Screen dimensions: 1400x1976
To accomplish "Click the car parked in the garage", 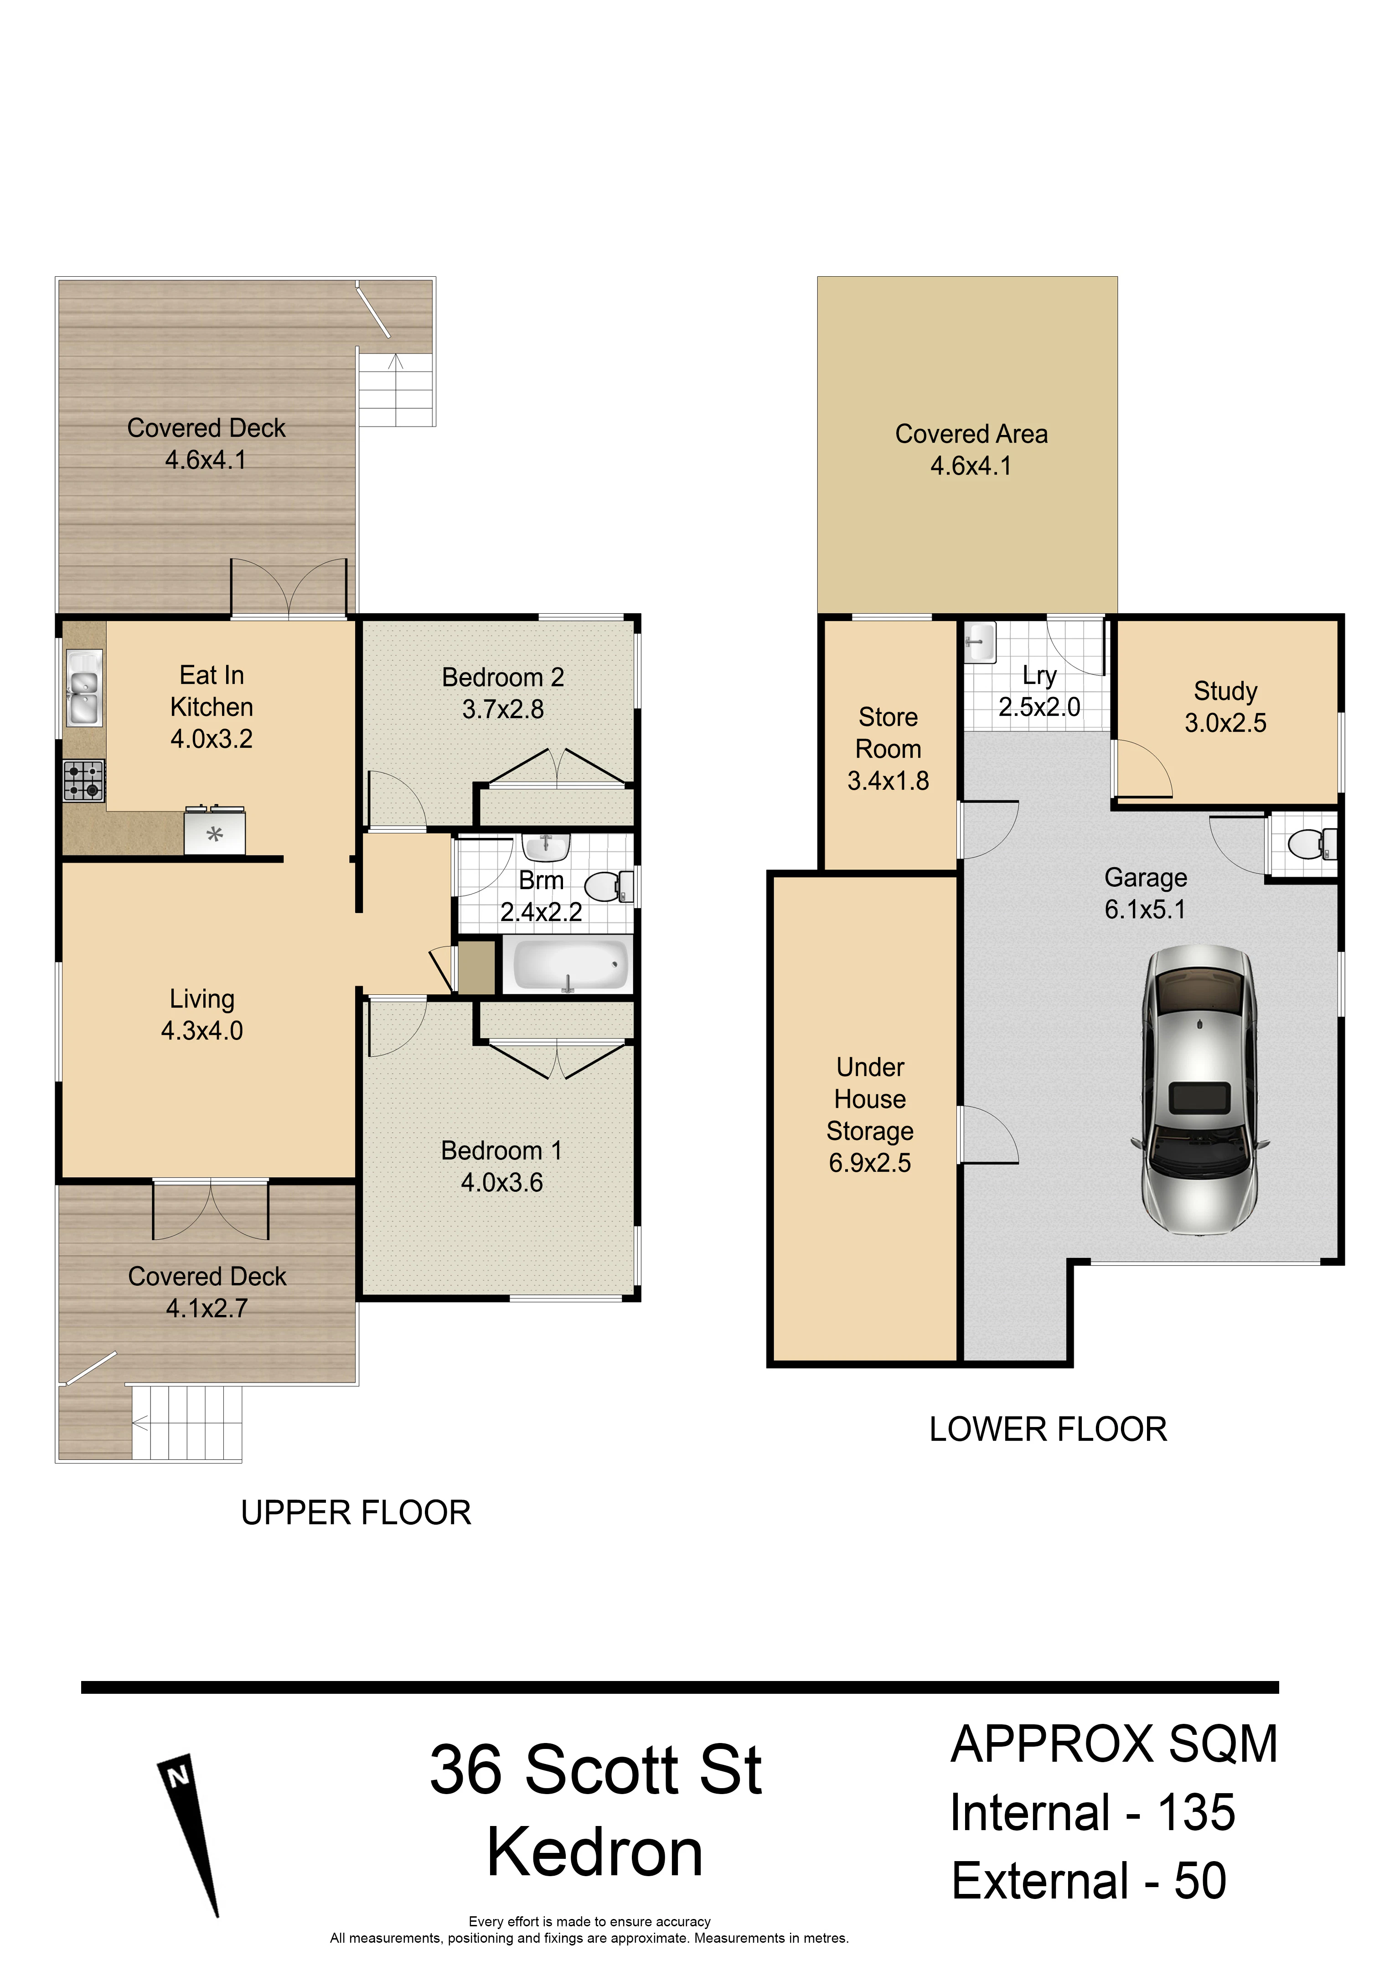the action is point(1201,1091).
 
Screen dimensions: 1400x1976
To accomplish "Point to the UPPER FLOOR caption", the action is point(356,1514).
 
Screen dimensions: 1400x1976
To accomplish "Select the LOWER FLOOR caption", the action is point(1048,1430).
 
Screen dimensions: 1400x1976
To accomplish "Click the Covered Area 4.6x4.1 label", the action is point(971,449).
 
